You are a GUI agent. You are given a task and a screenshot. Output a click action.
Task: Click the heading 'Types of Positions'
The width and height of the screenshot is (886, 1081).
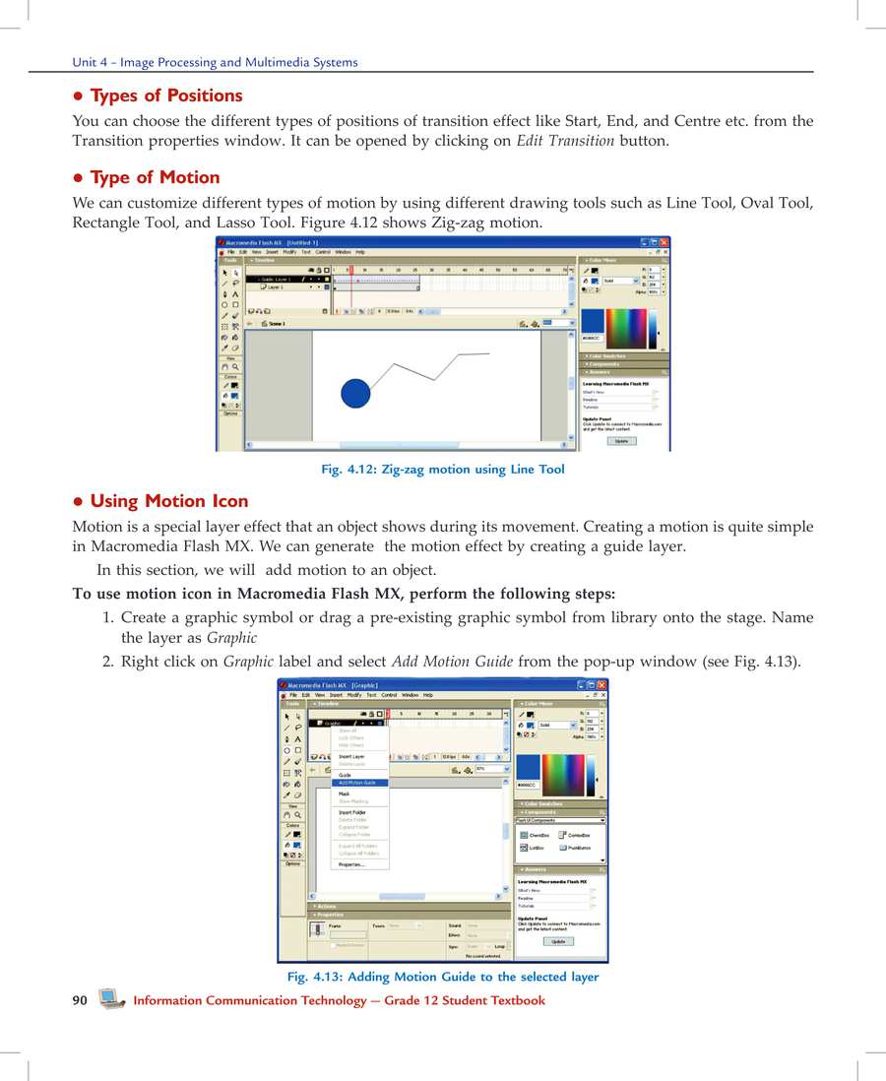coord(165,95)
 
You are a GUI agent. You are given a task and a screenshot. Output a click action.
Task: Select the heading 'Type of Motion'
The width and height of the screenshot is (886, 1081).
coord(155,177)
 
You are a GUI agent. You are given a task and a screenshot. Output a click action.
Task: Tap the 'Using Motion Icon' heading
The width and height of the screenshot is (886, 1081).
coord(168,501)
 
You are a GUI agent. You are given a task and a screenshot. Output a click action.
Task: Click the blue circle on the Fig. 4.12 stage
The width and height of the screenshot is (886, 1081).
coord(354,392)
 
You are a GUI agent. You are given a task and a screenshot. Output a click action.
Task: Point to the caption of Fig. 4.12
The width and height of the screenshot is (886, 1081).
coord(443,470)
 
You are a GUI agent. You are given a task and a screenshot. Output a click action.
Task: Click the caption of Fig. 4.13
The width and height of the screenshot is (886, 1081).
coord(443,977)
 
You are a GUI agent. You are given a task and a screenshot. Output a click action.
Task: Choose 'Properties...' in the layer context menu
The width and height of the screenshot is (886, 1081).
coord(351,864)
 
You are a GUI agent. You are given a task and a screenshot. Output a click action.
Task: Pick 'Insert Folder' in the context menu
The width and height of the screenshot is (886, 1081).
coord(352,812)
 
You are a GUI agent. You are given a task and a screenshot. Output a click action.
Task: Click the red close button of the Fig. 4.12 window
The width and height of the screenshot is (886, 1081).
coord(664,241)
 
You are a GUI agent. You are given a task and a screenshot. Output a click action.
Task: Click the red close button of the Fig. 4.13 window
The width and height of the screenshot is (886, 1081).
coord(602,684)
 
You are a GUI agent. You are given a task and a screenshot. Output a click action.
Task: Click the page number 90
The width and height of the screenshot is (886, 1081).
coord(80,1000)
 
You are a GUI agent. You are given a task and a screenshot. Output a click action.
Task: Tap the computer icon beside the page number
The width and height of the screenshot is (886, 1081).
coord(111,999)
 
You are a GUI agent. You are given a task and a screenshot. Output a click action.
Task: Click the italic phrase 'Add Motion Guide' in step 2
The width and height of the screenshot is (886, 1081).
coord(452,662)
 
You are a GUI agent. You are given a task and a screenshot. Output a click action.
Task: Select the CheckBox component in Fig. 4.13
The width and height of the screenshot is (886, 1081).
coord(537,835)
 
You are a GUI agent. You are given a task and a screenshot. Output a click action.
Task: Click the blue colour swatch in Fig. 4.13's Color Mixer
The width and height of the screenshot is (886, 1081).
coord(528,768)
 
